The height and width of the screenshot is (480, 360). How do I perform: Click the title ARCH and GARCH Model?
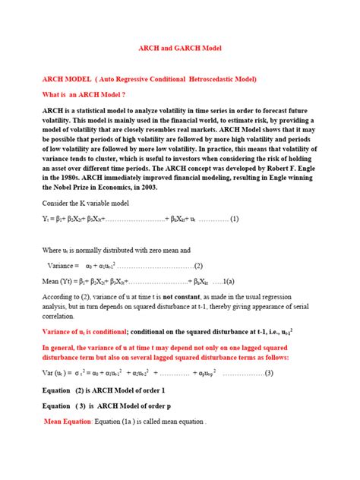click(179, 47)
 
